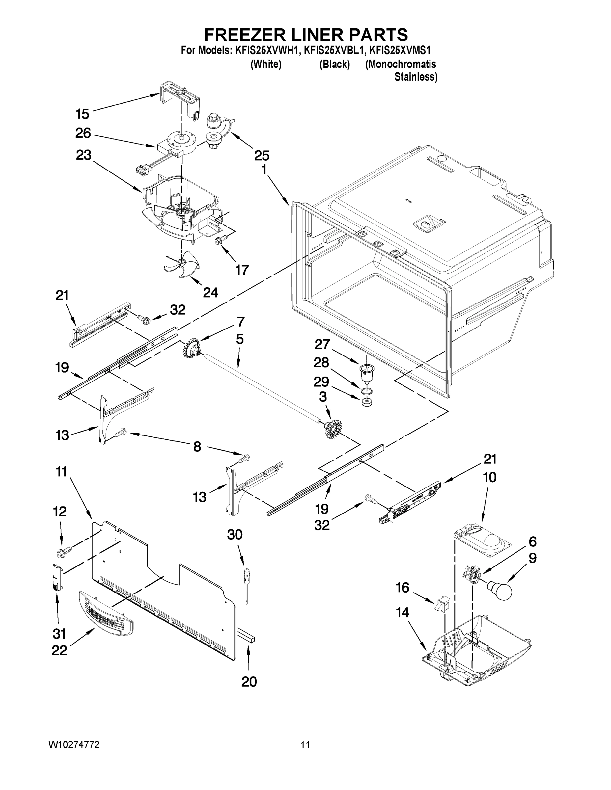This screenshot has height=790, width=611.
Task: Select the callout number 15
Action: coord(83,114)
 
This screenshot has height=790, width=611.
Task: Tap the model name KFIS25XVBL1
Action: coord(333,50)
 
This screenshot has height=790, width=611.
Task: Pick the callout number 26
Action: coord(83,133)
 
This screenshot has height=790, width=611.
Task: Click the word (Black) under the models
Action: coord(334,65)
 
